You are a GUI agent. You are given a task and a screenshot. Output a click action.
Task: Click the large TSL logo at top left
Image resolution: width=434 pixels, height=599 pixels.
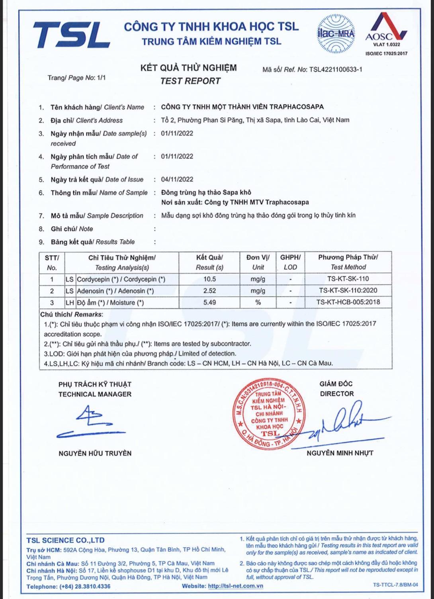click(x=71, y=35)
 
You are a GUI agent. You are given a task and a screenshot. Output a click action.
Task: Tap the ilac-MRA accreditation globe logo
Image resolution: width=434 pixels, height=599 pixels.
click(x=336, y=34)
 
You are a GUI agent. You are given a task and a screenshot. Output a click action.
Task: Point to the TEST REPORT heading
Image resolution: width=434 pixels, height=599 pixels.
click(x=190, y=81)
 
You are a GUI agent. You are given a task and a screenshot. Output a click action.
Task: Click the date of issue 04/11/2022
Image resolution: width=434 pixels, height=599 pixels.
click(x=177, y=179)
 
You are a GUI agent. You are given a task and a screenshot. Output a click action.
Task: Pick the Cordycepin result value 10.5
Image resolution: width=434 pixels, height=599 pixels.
click(x=209, y=279)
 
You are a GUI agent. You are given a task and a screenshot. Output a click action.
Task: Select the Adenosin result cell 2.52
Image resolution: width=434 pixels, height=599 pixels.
click(x=209, y=291)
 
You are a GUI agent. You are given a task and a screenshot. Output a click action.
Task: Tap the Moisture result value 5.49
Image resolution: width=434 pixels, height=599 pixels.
click(x=209, y=302)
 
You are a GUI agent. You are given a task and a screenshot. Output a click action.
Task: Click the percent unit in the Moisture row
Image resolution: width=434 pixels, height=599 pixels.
click(x=258, y=302)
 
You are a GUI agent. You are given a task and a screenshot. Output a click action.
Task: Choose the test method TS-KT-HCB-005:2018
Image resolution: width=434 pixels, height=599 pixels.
click(x=348, y=302)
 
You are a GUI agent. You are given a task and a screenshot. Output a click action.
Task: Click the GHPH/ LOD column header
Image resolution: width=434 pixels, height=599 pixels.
click(x=290, y=262)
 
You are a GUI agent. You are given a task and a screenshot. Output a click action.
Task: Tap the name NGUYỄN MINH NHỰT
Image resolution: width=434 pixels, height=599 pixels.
click(x=340, y=453)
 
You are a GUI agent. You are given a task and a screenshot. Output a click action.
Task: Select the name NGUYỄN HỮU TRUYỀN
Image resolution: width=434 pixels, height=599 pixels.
click(x=95, y=453)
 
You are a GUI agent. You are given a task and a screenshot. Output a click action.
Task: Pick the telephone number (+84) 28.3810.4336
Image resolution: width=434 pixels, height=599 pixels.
click(x=85, y=586)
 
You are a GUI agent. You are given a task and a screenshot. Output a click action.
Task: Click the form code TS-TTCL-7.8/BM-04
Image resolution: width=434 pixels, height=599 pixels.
click(x=395, y=585)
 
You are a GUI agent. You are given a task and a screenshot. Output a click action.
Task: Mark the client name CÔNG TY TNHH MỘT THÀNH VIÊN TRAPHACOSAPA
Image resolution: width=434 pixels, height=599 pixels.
click(x=242, y=107)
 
